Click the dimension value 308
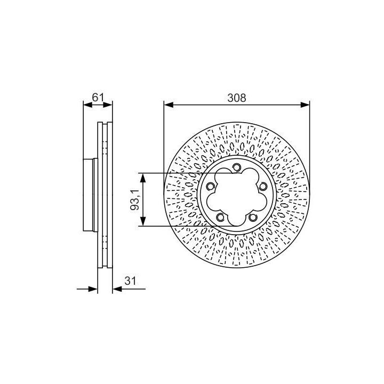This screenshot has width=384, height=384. [x=236, y=98]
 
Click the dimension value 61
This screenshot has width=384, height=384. [x=98, y=97]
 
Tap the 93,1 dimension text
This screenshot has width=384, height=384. [x=135, y=200]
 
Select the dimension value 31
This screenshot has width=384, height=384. [x=130, y=281]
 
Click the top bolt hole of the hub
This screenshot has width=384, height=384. [x=236, y=167]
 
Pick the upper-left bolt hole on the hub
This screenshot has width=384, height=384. [x=210, y=187]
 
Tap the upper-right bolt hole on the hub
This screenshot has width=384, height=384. [x=263, y=187]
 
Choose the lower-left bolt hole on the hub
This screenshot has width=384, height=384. [x=220, y=217]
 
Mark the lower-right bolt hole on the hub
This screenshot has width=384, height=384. [x=252, y=217]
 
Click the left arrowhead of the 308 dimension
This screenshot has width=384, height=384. [x=169, y=105]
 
